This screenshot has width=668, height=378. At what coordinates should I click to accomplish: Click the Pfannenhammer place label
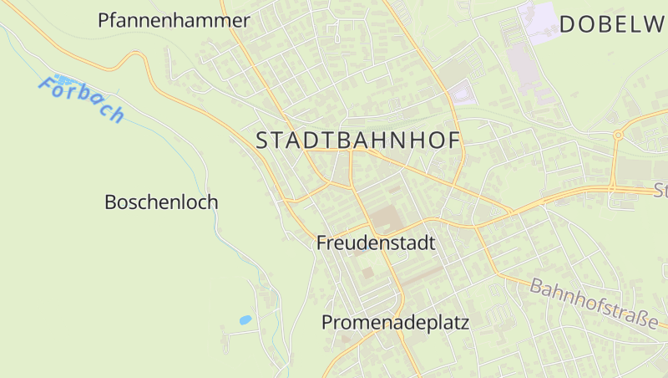(174, 21)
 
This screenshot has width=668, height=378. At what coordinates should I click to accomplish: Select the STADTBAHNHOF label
(358, 140)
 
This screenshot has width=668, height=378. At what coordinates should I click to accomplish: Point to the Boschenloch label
(161, 202)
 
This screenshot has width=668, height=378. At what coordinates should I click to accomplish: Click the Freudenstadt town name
(377, 244)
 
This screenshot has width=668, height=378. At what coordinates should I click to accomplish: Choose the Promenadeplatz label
(396, 323)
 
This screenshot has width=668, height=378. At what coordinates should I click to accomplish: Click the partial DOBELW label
(612, 24)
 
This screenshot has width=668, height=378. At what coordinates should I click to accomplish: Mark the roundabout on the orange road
(618, 135)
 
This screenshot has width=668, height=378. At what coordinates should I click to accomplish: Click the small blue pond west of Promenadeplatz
(245, 319)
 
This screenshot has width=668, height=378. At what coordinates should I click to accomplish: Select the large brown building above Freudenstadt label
(385, 219)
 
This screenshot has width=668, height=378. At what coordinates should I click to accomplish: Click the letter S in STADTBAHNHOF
(262, 140)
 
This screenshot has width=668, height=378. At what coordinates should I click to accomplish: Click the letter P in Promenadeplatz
(328, 323)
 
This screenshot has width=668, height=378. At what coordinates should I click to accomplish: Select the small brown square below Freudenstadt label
(367, 273)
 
